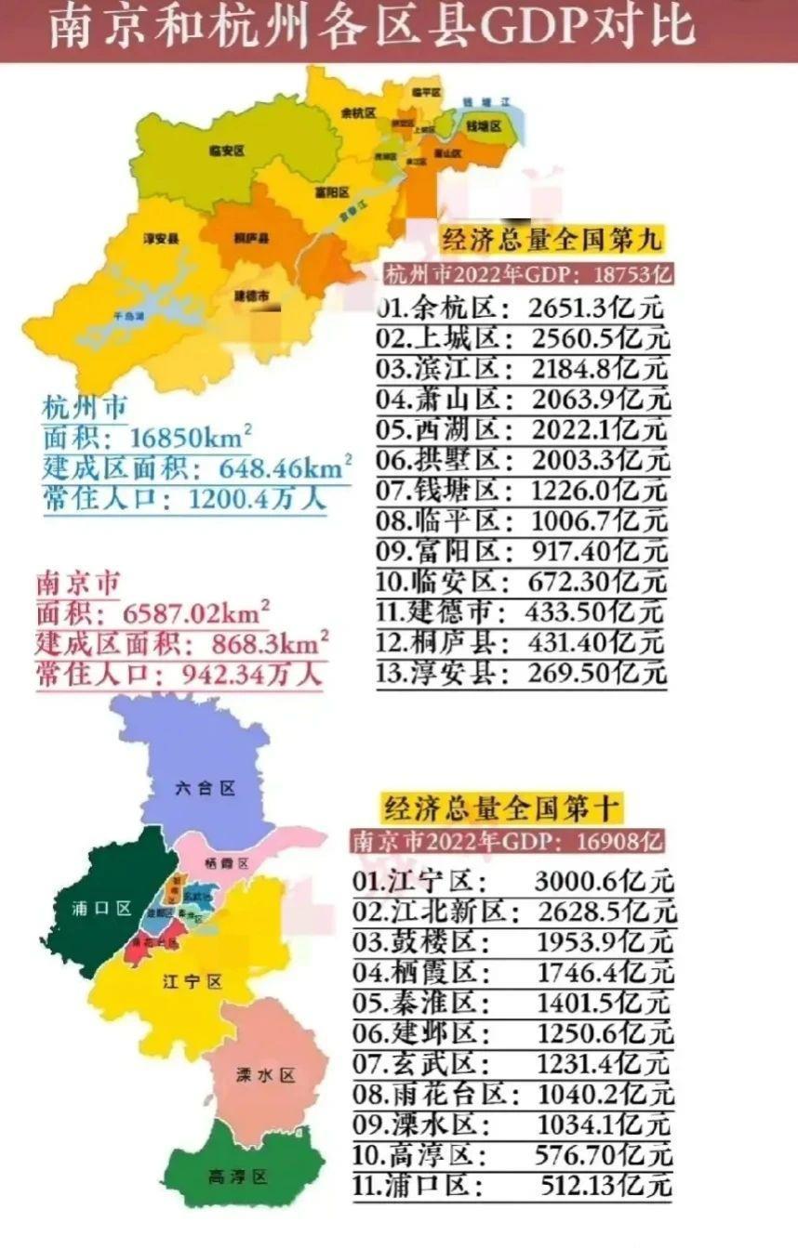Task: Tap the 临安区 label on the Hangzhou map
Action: point(226,150)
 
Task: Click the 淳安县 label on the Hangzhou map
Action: point(161,238)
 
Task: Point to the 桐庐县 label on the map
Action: point(251,238)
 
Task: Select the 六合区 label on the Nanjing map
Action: point(205,788)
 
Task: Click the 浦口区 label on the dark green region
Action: point(101,908)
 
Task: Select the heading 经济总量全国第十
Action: point(501,807)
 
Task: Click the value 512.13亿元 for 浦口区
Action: point(605,1186)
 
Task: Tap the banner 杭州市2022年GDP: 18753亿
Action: point(528,274)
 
